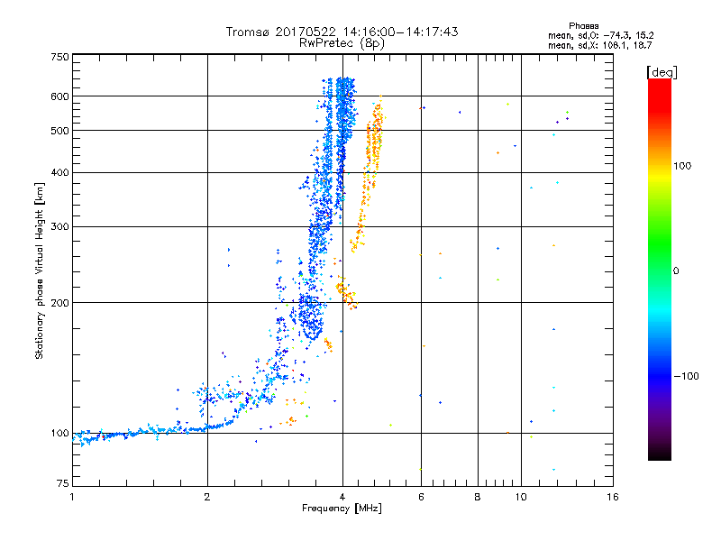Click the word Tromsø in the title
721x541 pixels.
248,32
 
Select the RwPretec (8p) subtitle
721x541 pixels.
342,43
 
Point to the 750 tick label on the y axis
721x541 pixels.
60,57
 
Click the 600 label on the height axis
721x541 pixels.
60,96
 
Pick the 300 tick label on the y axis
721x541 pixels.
60,227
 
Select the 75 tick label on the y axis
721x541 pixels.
63,483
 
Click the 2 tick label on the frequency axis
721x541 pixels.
207,497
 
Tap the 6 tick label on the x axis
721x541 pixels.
421,497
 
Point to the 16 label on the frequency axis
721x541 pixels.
613,497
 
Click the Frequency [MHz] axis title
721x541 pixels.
342,509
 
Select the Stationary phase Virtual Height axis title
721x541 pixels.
40,271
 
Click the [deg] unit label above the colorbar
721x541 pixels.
662,73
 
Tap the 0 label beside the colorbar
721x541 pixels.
676,271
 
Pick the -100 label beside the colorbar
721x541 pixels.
687,376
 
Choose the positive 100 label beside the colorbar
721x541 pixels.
682,166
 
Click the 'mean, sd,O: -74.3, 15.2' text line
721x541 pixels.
600,36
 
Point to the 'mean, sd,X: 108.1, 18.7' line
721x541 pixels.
599,46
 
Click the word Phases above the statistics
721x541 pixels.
584,26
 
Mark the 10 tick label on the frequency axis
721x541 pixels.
521,497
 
